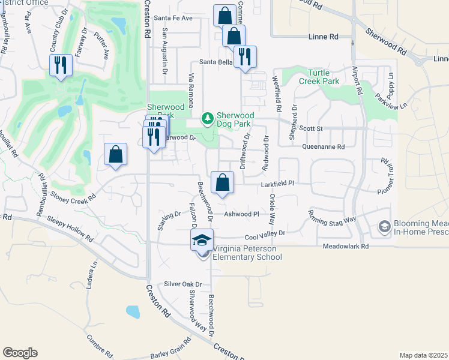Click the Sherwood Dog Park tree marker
pyautogui.click(x=208, y=118)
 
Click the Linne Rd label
pyautogui.click(x=323, y=37)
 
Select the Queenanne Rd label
pyautogui.click(x=324, y=146)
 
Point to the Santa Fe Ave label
pyautogui.click(x=173, y=18)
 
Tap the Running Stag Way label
pyautogui.click(x=333, y=221)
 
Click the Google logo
pyautogui.click(x=20, y=353)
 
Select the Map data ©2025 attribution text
pyautogui.click(x=424, y=355)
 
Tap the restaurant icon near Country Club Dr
pyautogui.click(x=61, y=65)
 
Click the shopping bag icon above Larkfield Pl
pyautogui.click(x=222, y=182)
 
